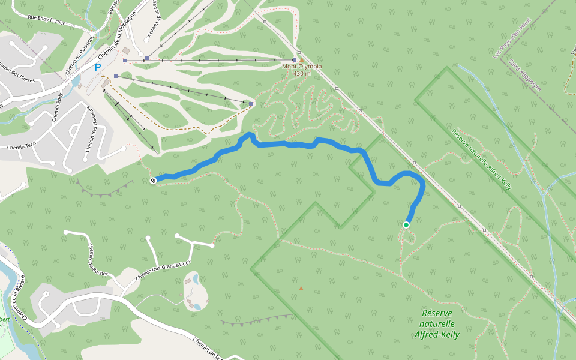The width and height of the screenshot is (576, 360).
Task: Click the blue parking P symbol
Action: click(98, 68)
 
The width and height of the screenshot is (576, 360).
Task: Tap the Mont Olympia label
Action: click(302, 66)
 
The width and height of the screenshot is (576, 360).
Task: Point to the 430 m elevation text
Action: click(302, 73)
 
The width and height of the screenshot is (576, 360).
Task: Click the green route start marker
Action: click(406, 225)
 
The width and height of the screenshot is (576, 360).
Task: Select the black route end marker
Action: click(154, 181)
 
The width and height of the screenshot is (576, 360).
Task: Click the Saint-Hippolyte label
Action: click(524, 74)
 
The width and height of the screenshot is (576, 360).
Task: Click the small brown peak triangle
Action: click(301, 288)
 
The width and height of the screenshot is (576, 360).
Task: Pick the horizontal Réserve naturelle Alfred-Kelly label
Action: click(437, 324)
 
